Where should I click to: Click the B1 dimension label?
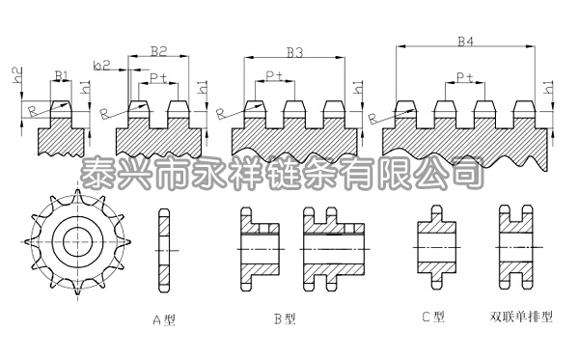tap(60, 74)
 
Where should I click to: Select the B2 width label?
tap(160, 50)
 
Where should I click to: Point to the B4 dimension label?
tap(465, 42)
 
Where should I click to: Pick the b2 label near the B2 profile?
tap(101, 65)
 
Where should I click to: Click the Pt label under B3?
tap(274, 76)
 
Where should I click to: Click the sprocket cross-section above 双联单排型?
tap(515, 247)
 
